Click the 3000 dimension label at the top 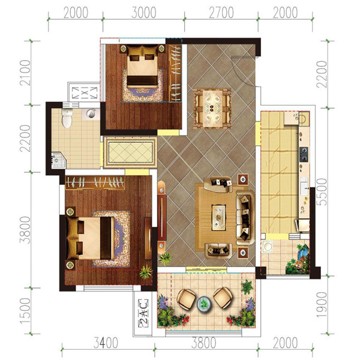(x=144, y=13)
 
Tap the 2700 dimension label (x=221, y=13)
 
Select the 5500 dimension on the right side (x=322, y=192)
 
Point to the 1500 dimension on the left (x=25, y=311)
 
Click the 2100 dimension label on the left (x=25, y=73)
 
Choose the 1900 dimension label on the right (x=322, y=305)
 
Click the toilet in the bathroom (x=67, y=118)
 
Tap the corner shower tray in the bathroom (x=59, y=160)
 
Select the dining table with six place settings (x=212, y=109)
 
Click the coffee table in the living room (x=218, y=217)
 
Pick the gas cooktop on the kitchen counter (x=304, y=155)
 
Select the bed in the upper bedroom (x=142, y=66)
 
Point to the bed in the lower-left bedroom (x=91, y=238)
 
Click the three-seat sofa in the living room (x=245, y=217)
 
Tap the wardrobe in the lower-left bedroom (x=95, y=183)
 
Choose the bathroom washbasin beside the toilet (x=91, y=113)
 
